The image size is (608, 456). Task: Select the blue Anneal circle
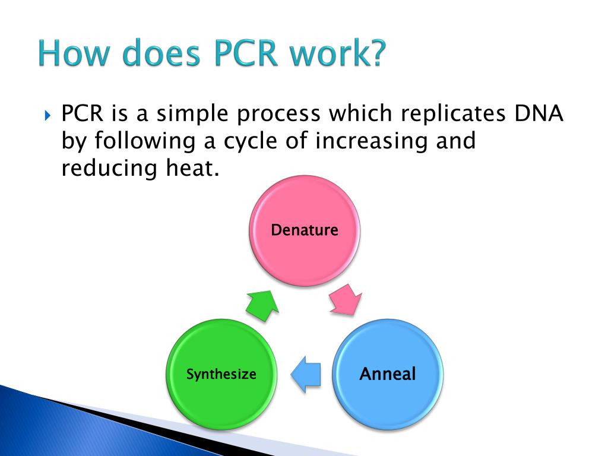point(388,375)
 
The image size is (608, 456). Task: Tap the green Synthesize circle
point(221,375)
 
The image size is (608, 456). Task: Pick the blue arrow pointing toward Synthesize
point(306,375)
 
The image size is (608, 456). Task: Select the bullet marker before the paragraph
point(49,114)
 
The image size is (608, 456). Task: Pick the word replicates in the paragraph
point(436,113)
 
